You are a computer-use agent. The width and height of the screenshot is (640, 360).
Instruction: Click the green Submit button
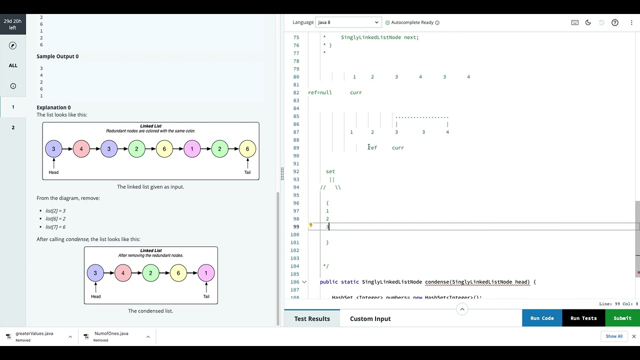[622, 318]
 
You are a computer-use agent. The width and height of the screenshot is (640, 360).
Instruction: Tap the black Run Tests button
[583, 318]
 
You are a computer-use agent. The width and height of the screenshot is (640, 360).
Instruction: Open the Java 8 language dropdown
[348, 22]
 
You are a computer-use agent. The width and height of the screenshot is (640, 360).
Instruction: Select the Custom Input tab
[370, 318]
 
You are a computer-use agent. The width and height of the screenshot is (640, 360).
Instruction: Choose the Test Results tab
[312, 318]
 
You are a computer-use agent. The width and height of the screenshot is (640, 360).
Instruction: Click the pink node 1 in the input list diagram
[192, 149]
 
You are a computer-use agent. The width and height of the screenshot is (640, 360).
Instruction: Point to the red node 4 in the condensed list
[123, 273]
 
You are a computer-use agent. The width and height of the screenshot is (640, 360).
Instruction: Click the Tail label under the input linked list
[247, 172]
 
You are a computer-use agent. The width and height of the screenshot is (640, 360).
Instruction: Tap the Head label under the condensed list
[95, 296]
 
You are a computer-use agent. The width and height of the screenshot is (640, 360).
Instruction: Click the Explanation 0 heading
[53, 107]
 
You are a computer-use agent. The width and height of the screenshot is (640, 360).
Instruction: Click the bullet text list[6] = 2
[55, 219]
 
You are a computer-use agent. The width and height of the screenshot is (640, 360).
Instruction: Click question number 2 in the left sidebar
[13, 127]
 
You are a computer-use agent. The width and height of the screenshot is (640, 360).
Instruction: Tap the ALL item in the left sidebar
[13, 65]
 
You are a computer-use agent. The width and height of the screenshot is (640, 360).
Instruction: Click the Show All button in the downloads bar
[614, 336]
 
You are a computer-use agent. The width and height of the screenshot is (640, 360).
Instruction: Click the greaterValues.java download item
[34, 333]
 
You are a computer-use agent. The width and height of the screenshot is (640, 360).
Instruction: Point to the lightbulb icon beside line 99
[310, 225]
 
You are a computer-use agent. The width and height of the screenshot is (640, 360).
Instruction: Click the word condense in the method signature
[436, 282]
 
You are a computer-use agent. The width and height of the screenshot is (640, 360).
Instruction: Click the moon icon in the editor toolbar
[588, 22]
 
